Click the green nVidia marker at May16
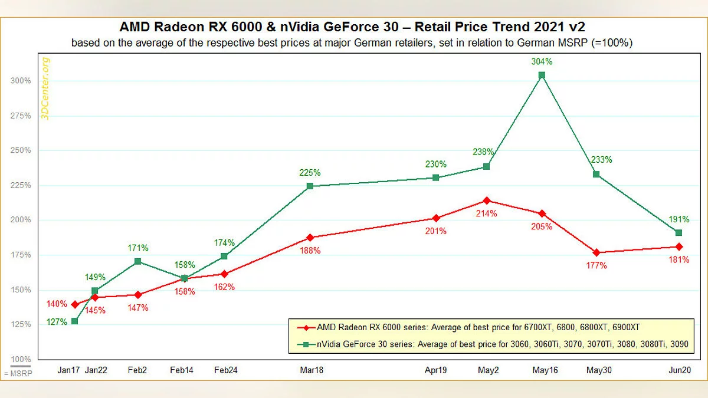tap(542, 75)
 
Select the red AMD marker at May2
tap(487, 200)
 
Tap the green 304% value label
tap(542, 61)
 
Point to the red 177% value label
tap(596, 265)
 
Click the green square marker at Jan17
tap(75, 321)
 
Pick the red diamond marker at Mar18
tap(310, 238)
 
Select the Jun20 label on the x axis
tap(678, 370)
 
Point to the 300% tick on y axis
tap(21, 81)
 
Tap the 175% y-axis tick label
tap(21, 255)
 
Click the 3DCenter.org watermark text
tap(46, 88)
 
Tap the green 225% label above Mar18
tap(310, 173)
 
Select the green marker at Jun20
tap(678, 233)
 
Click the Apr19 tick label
tap(436, 370)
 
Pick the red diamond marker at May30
tap(596, 252)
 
